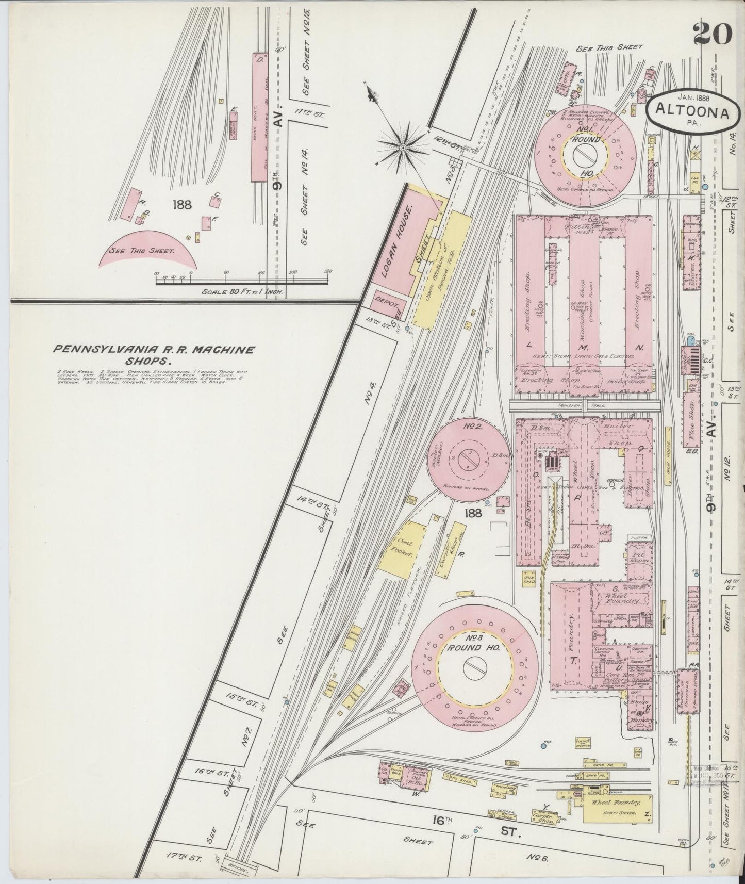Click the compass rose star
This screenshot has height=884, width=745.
pyautogui.click(x=403, y=147)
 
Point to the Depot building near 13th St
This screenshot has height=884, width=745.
pyautogui.click(x=385, y=301)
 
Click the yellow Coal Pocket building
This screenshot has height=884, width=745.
pyautogui.click(x=405, y=550)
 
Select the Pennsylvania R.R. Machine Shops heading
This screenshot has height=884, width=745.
pyautogui.click(x=154, y=354)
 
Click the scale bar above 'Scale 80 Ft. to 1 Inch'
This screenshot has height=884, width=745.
pyautogui.click(x=242, y=281)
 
